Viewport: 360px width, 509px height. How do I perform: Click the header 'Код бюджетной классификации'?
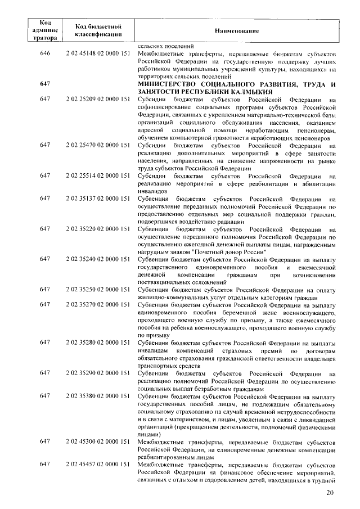click(98, 30)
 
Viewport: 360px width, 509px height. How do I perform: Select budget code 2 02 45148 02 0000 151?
click(98, 54)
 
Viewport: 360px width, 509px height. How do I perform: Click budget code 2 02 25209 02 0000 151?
click(98, 100)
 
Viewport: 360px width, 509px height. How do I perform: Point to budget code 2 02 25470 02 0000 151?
click(98, 145)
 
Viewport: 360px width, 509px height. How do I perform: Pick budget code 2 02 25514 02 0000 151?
click(98, 175)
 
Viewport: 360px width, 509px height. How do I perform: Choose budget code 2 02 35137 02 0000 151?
click(98, 199)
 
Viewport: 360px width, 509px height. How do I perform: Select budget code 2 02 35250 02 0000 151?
click(98, 290)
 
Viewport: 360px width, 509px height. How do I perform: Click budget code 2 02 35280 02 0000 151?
click(98, 343)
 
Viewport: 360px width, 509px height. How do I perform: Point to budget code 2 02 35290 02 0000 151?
click(98, 373)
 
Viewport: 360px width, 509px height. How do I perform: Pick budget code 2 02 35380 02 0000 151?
click(98, 396)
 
